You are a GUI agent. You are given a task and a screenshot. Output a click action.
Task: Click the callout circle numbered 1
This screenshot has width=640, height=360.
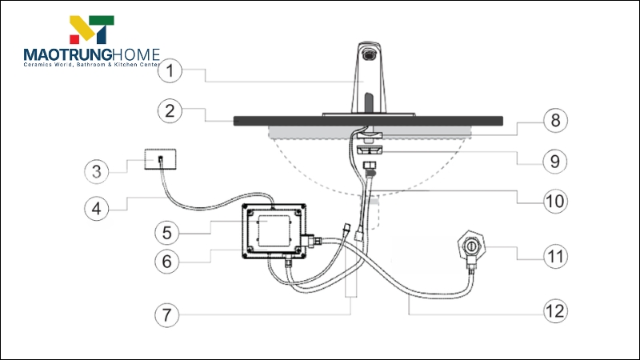(x=170, y=70)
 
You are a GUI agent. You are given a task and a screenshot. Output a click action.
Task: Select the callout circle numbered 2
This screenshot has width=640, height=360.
(x=170, y=111)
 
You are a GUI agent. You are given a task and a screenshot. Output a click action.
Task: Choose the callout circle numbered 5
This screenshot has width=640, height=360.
(x=168, y=233)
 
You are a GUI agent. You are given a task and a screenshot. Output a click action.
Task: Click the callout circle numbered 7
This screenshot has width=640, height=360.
(x=168, y=314)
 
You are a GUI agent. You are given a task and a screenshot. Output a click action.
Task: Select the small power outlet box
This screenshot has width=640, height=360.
(x=160, y=159)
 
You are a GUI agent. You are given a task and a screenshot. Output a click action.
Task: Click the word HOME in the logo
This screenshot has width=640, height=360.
(x=138, y=55)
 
